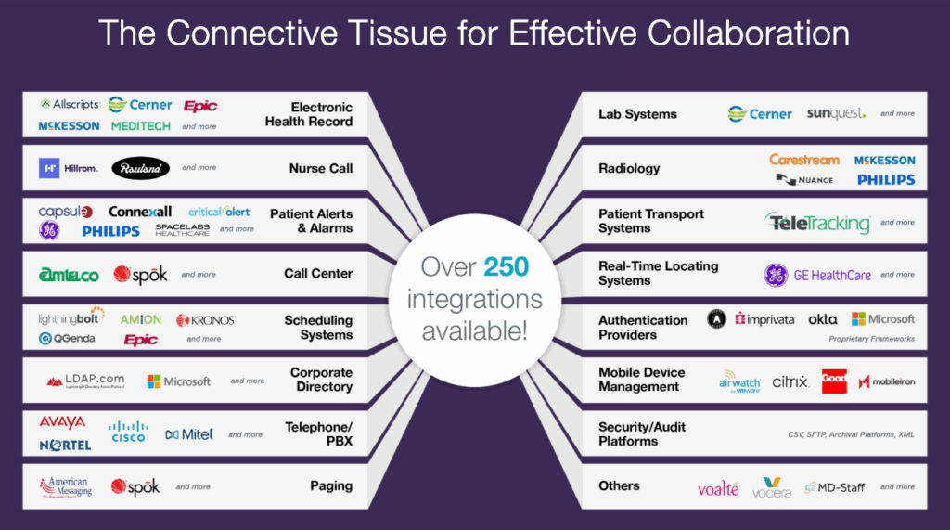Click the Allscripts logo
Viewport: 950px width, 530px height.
click(x=71, y=104)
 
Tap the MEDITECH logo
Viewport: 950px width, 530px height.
click(x=140, y=125)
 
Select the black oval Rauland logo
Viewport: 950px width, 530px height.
click(x=141, y=168)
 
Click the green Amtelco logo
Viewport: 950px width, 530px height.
click(x=69, y=274)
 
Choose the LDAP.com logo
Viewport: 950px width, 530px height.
click(x=85, y=381)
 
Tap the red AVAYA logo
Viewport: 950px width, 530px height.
click(x=62, y=422)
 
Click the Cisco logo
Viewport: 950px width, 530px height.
click(x=128, y=432)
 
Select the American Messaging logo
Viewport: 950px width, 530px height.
click(x=66, y=486)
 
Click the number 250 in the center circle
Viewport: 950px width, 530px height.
click(x=506, y=268)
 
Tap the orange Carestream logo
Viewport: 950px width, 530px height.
click(x=803, y=160)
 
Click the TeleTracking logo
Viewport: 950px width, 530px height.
click(x=818, y=223)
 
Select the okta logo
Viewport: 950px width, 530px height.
click(x=822, y=318)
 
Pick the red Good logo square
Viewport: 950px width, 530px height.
click(x=834, y=381)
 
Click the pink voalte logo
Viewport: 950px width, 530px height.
click(x=718, y=487)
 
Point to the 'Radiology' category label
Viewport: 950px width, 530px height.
click(x=629, y=168)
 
